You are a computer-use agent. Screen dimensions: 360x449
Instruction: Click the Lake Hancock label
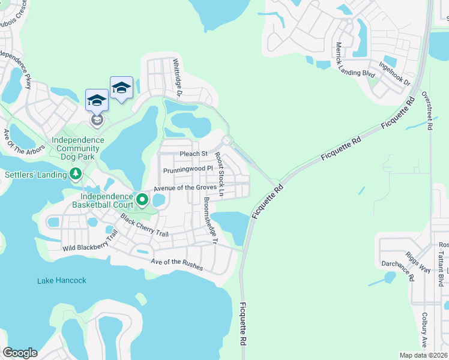(x=62, y=280)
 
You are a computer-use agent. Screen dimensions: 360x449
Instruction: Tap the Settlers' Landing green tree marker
(x=75, y=174)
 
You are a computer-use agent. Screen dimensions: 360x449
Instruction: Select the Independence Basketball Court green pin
(x=142, y=199)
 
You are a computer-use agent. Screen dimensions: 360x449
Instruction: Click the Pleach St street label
(x=193, y=154)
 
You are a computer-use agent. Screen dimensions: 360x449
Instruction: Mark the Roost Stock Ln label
(x=220, y=175)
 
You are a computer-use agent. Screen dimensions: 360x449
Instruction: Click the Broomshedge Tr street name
(x=209, y=221)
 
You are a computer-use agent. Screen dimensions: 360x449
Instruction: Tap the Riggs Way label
(x=418, y=262)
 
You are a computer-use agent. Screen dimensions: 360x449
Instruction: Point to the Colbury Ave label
(x=424, y=329)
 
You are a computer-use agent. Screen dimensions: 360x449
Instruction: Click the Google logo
(x=20, y=353)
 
